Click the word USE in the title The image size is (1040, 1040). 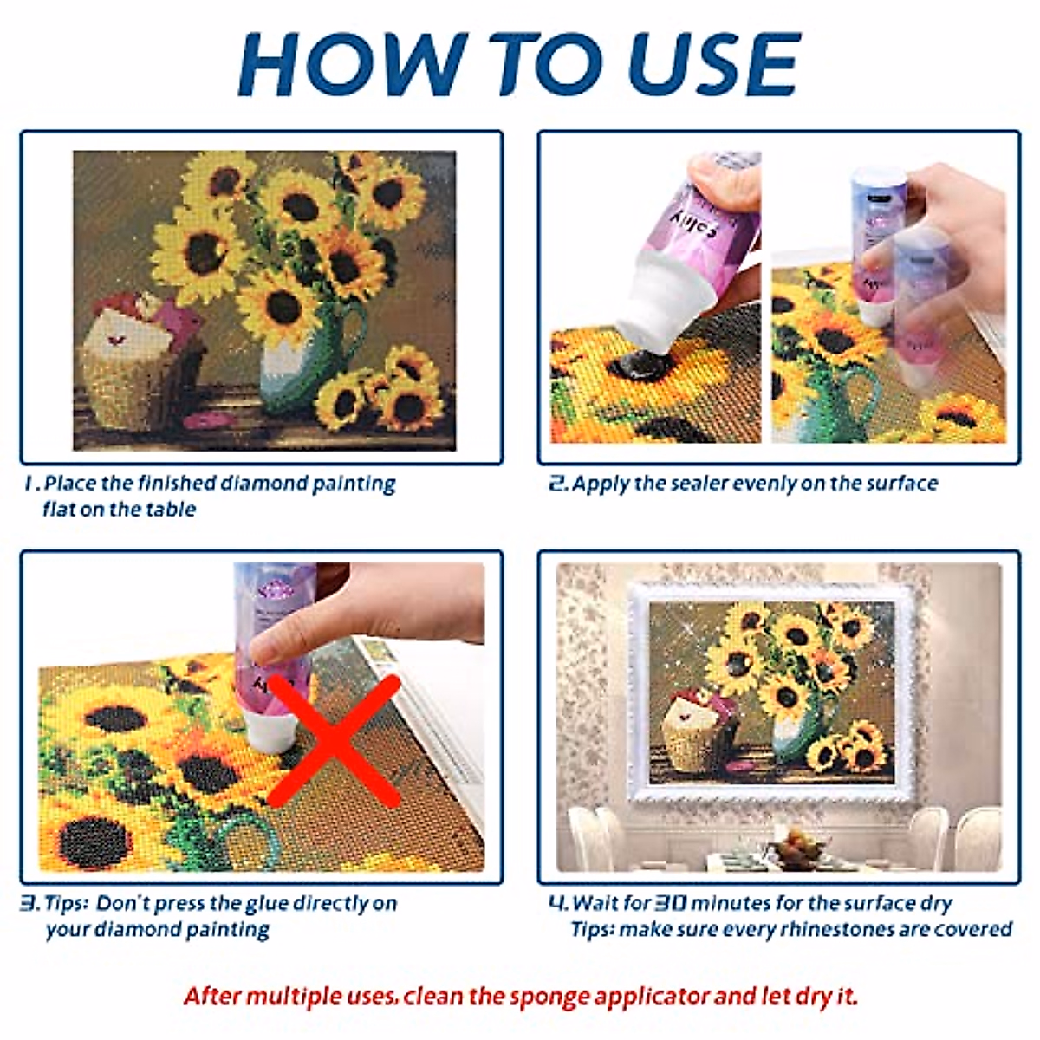tap(713, 64)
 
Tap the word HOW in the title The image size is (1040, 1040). tap(353, 64)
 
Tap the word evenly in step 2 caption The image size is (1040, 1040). tap(761, 484)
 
